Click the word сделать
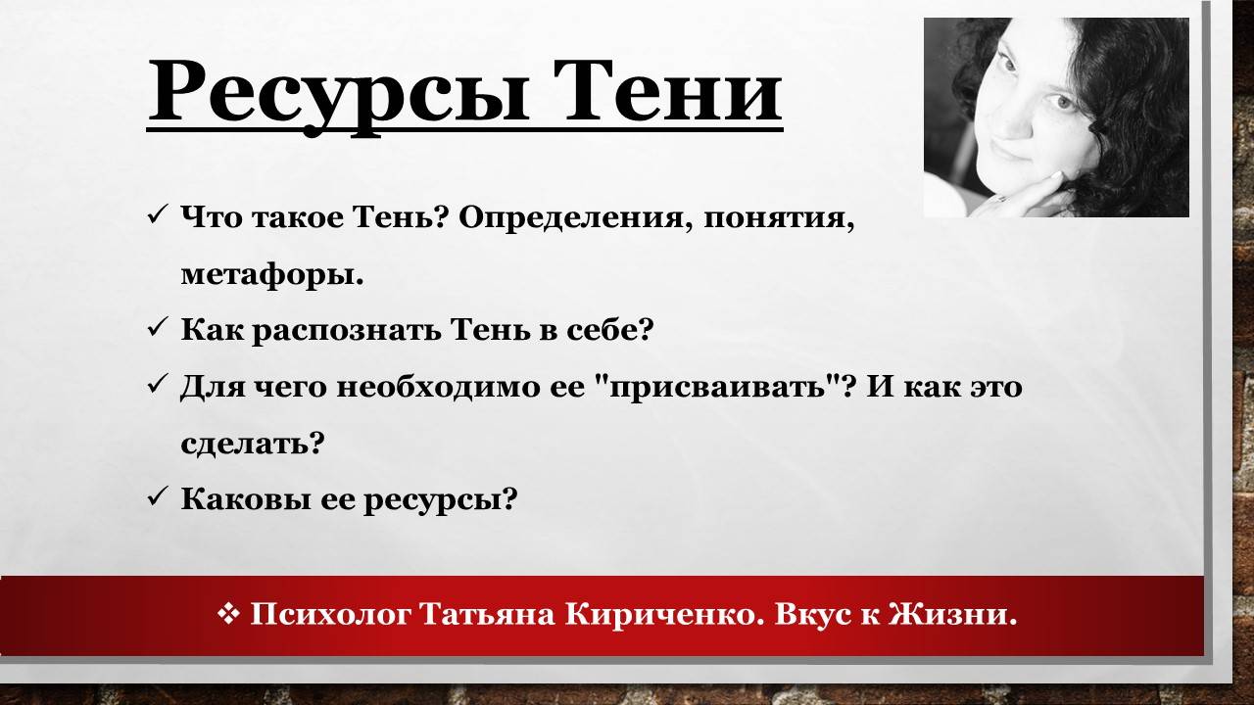click(252, 444)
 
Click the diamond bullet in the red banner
click(228, 614)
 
